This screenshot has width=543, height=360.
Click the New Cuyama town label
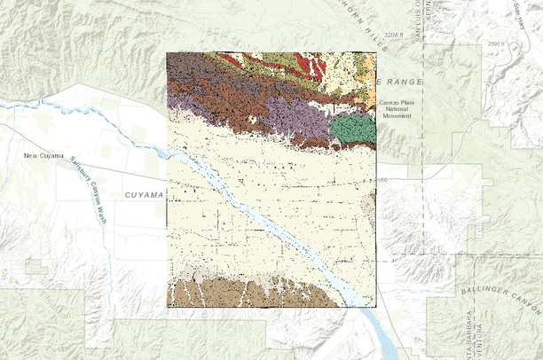[x=43, y=157]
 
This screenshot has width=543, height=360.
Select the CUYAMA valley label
[x=145, y=194]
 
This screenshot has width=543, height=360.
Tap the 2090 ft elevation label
[x=493, y=43]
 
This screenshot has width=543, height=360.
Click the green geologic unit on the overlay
[x=352, y=129]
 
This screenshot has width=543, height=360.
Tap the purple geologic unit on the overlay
[x=289, y=116]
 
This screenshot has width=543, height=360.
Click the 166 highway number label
[x=383, y=181]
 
